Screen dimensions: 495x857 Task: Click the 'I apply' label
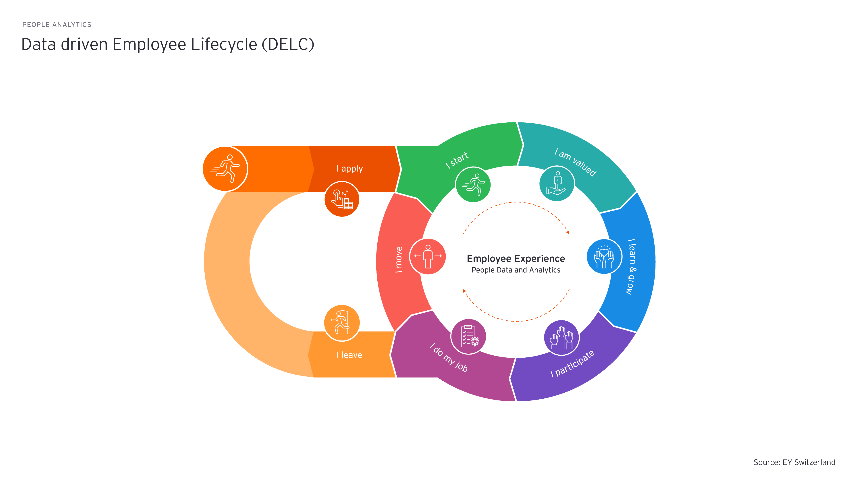coord(349,169)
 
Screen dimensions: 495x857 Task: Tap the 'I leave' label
coord(349,355)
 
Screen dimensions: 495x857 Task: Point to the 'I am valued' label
coord(575,162)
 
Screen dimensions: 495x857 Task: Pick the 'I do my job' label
coord(449,357)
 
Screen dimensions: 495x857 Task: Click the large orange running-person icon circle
coord(225,169)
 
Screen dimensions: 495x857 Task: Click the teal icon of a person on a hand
coord(557,184)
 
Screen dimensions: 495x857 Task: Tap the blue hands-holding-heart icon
coord(604,256)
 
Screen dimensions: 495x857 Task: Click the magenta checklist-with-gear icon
coord(468,336)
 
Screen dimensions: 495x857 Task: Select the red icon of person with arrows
coord(427,256)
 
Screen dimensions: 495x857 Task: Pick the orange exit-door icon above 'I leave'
coord(342,323)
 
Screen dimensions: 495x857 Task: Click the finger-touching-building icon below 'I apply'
coord(342,199)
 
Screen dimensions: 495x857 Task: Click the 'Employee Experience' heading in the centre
coord(516,259)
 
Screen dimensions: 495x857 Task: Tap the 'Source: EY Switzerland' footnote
coord(794,462)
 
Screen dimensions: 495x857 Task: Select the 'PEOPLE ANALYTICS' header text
coord(57,25)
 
